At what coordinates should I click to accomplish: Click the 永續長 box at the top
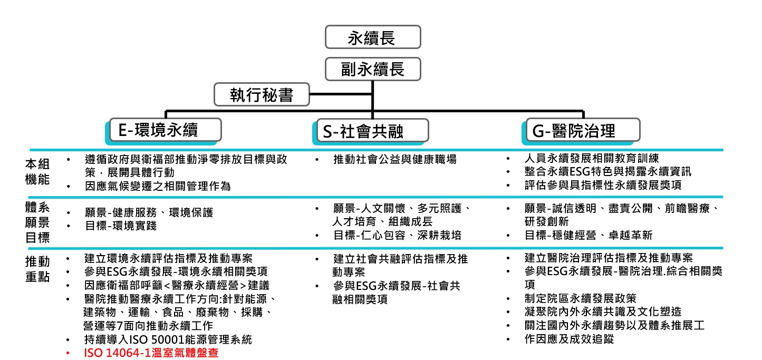(x=373, y=38)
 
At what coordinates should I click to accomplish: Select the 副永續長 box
(x=373, y=69)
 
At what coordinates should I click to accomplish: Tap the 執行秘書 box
(x=261, y=95)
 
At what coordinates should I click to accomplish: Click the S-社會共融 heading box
(x=372, y=131)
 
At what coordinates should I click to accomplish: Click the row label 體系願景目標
(x=37, y=223)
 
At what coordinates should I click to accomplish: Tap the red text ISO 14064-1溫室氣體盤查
(x=151, y=353)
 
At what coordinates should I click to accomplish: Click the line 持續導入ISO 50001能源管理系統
(x=168, y=339)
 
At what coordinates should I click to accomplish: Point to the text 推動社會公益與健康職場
(x=395, y=159)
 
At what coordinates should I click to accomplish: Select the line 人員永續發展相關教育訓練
(x=592, y=158)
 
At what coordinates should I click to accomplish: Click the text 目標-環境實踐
(x=121, y=227)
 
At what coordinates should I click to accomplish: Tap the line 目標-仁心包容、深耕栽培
(x=395, y=235)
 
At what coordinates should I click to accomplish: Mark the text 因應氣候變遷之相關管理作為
(x=158, y=186)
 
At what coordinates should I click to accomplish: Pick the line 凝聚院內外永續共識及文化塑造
(x=603, y=312)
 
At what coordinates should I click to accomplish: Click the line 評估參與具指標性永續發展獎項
(x=603, y=186)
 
